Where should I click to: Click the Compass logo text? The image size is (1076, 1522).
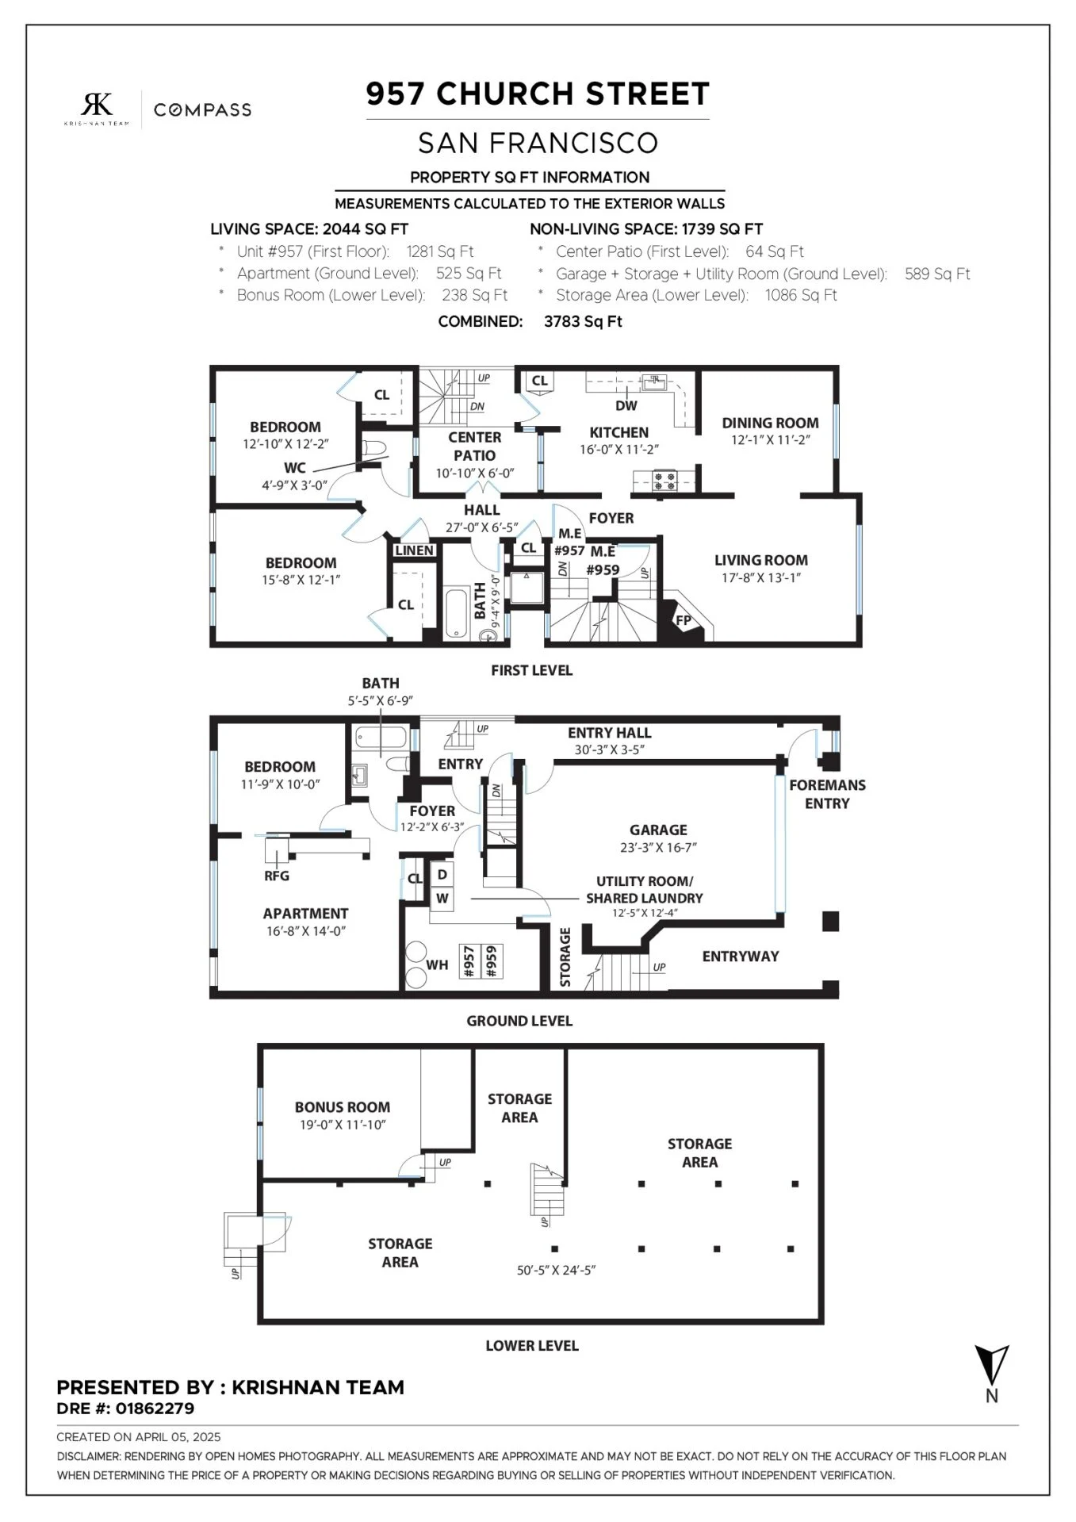202,109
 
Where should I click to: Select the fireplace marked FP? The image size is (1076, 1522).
683,619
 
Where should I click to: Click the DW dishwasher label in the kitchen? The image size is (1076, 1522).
626,405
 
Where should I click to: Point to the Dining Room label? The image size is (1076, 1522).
770,423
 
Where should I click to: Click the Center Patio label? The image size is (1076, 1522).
474,447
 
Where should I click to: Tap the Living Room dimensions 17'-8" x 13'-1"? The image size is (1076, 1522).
760,577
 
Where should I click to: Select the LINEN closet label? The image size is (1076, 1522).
414,550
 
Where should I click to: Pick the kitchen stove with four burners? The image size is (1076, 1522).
664,480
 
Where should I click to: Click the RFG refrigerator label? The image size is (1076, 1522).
277,876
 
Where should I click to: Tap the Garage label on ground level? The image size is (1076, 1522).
658,830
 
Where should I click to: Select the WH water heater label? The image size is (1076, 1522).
437,965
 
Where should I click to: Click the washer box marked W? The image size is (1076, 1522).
442,899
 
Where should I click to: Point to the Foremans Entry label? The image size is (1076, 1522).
827,794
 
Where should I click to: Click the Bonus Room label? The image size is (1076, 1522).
343,1106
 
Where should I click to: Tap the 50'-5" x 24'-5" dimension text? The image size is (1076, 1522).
556,1270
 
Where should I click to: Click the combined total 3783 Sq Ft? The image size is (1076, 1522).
583,321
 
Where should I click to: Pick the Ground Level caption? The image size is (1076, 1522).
519,1021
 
